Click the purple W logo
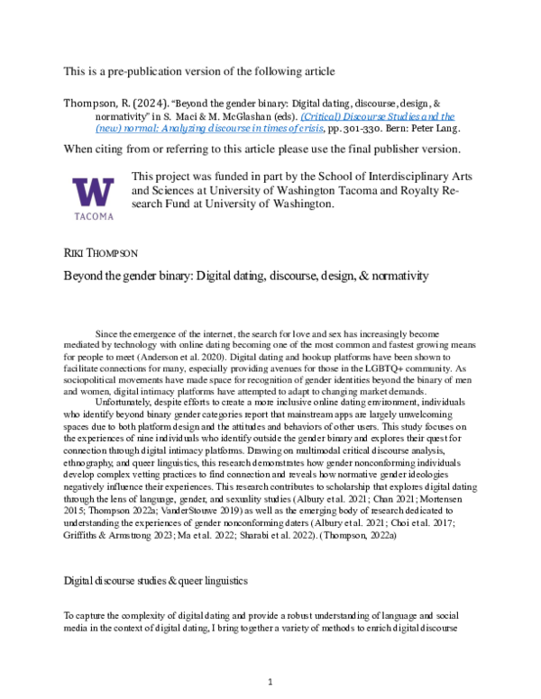click(93, 192)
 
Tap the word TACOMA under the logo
click(93, 216)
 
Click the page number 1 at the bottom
click(270, 682)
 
